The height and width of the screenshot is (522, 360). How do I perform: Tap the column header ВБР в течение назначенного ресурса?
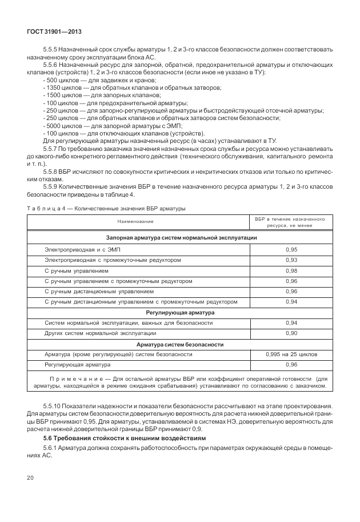coord(291,221)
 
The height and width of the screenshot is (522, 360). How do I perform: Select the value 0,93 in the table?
coord(291,260)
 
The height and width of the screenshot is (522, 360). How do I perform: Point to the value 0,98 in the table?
coord(291,270)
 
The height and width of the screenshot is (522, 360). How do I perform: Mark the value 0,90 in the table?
coord(291,333)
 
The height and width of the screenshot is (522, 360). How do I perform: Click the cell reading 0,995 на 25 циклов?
coord(291,354)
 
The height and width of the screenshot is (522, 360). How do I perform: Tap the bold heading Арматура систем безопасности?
coord(180,344)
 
